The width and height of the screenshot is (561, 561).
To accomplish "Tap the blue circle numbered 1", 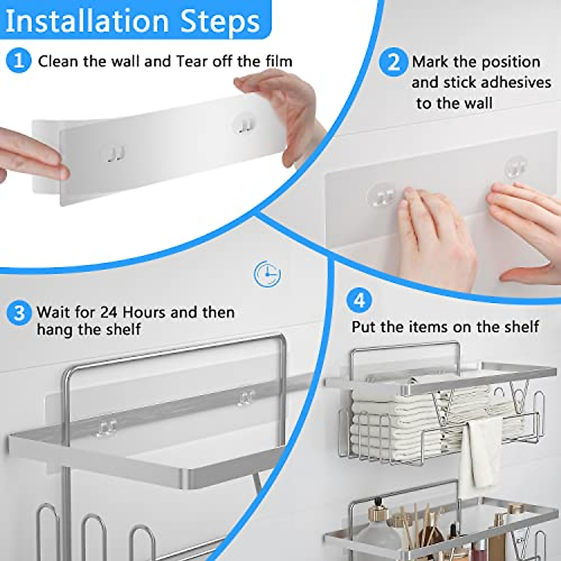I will click(19, 61).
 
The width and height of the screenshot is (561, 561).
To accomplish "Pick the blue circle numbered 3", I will click(19, 312).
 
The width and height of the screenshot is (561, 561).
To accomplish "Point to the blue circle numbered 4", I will click(359, 300).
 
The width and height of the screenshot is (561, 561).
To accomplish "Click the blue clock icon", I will click(267, 274).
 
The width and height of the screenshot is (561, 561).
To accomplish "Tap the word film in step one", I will click(279, 61).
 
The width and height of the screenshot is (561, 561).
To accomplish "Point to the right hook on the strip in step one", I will click(244, 124).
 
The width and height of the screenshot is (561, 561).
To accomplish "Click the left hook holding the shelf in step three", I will click(107, 428).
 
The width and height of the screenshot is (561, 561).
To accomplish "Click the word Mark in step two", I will click(430, 62).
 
